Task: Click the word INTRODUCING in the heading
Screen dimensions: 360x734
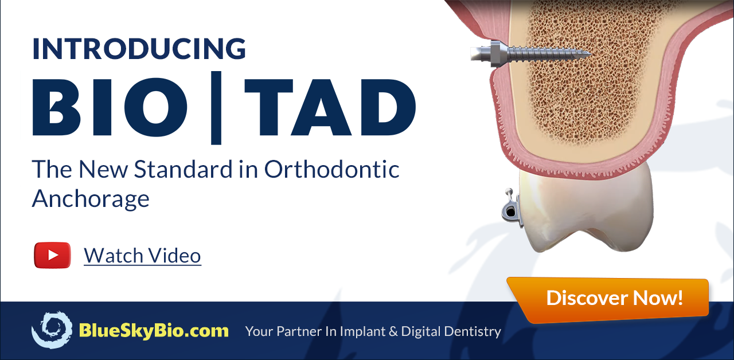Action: click(139, 49)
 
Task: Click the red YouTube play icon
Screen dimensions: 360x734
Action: click(52, 255)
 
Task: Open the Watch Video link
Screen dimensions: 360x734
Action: click(142, 255)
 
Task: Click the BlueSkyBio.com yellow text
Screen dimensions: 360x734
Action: click(153, 331)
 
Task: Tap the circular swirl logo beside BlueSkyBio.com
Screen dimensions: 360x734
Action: click(52, 330)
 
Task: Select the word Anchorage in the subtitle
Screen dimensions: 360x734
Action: click(91, 198)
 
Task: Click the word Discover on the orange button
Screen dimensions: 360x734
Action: click(586, 298)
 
